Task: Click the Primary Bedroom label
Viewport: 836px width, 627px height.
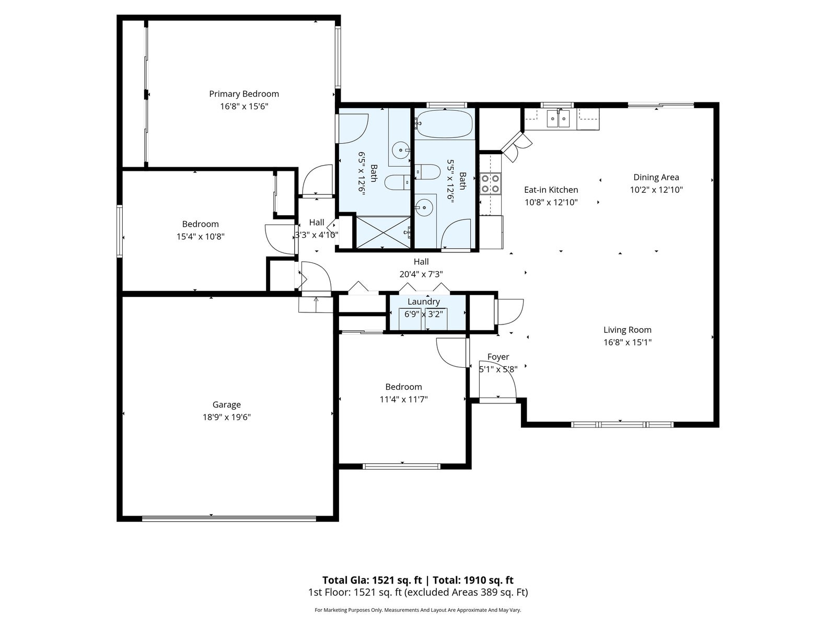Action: (244, 94)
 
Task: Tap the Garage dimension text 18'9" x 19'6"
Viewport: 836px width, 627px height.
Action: (226, 417)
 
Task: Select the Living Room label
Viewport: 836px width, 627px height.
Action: (628, 330)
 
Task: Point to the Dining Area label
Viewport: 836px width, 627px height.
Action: (656, 177)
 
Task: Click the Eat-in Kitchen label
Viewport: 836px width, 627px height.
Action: (551, 190)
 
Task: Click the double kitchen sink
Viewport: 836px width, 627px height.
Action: (559, 119)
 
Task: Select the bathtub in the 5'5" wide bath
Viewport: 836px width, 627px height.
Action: (444, 124)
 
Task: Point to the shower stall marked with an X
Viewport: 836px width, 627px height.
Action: (383, 233)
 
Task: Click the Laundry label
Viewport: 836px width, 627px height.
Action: (424, 301)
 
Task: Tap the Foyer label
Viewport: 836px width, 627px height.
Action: (498, 357)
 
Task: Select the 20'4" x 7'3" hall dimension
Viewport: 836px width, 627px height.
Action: (421, 274)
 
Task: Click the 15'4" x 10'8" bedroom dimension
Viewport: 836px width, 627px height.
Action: (200, 236)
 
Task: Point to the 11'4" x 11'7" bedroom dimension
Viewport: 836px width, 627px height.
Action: (403, 399)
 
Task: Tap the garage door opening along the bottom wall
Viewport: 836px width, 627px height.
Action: (229, 518)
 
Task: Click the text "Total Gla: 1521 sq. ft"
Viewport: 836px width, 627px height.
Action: (372, 580)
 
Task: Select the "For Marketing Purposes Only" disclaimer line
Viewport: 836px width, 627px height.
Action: (418, 610)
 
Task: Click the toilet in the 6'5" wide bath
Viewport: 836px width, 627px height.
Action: (398, 182)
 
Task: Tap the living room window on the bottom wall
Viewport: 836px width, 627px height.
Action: (622, 424)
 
